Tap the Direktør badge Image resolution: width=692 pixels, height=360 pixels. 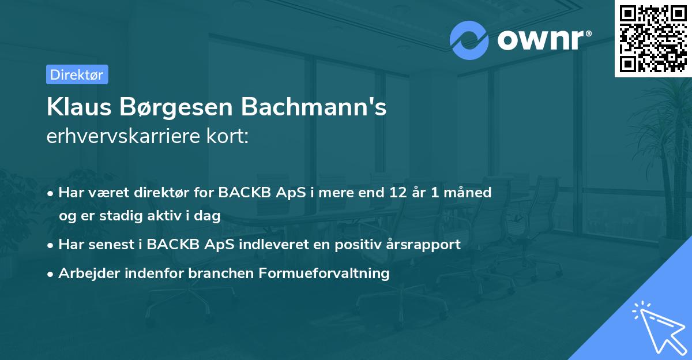point(77,74)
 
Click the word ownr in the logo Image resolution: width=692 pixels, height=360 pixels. point(541,40)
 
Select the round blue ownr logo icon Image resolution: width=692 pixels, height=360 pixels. point(469,40)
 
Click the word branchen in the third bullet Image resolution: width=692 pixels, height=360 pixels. point(211,273)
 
